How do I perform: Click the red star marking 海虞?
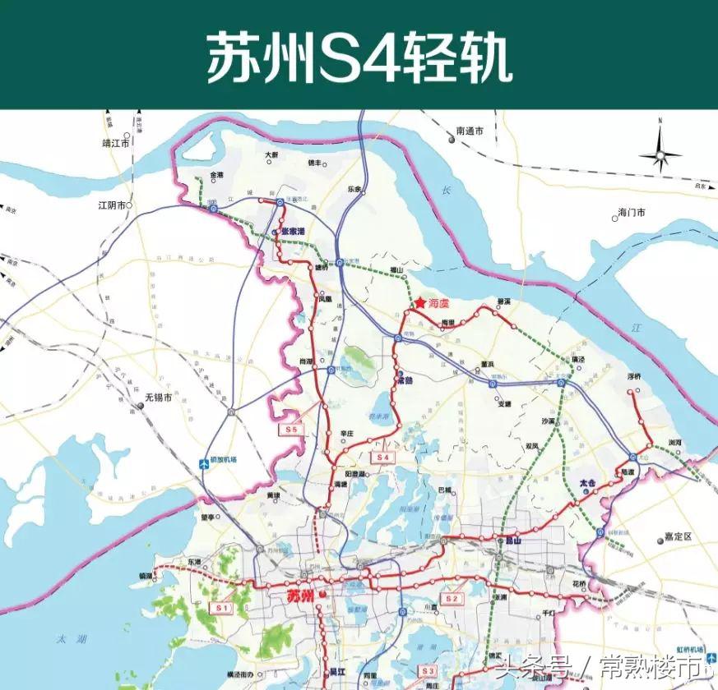(419, 303)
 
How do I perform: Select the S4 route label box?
(382, 457)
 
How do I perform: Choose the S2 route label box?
(451, 599)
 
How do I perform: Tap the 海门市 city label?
(632, 214)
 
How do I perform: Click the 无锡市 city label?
(158, 398)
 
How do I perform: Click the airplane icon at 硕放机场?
(206, 465)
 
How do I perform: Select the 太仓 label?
(587, 484)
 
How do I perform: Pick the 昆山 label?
(513, 541)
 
